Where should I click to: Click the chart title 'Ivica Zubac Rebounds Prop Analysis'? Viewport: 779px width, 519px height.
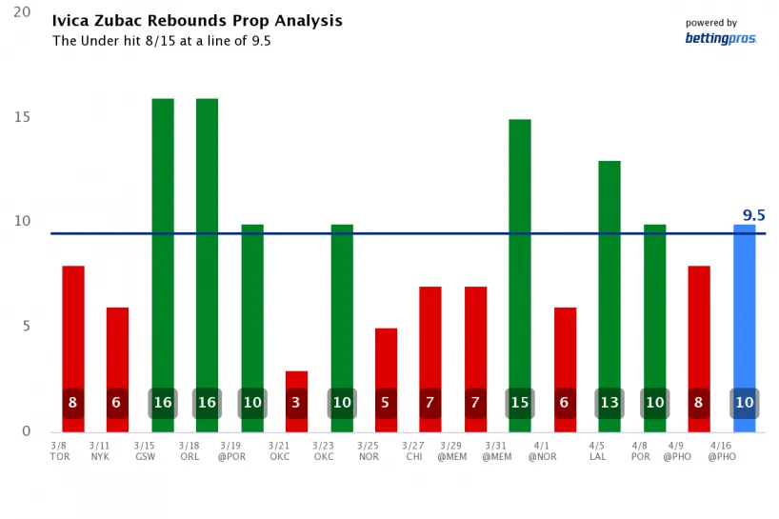(x=197, y=21)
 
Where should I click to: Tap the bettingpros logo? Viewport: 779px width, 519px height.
(x=720, y=38)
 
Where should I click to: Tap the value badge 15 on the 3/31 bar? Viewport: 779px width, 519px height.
(x=520, y=403)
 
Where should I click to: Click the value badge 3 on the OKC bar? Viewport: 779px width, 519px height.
(x=296, y=403)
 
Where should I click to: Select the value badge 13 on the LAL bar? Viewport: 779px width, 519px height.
(x=609, y=403)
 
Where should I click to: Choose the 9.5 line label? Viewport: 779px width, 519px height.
(x=754, y=215)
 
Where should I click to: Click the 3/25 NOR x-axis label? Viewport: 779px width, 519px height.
(x=369, y=450)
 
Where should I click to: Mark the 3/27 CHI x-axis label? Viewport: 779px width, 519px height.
(x=413, y=450)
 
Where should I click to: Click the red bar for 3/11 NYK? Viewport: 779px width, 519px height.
(x=117, y=362)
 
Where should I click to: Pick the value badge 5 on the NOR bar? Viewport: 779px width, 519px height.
(x=386, y=403)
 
